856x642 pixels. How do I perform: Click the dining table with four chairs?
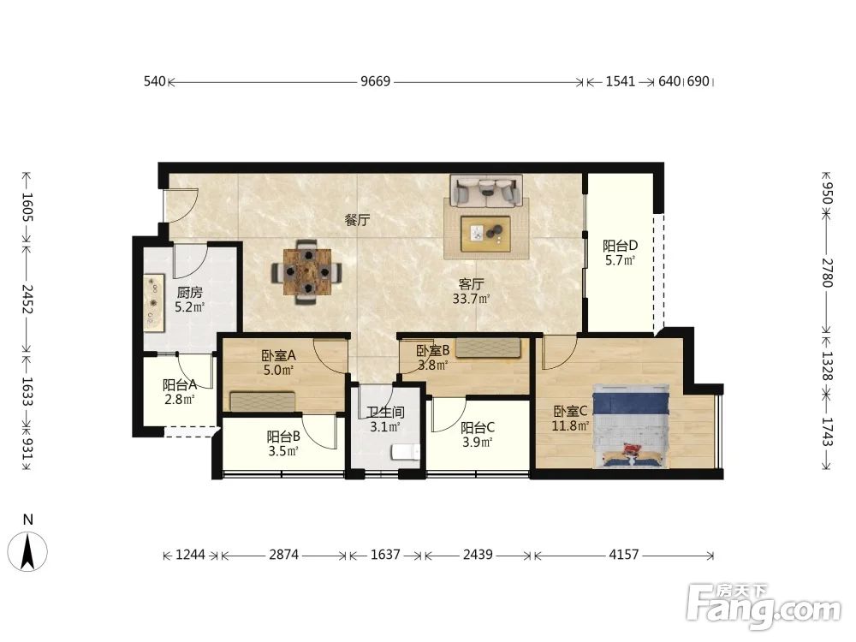tap(307, 271)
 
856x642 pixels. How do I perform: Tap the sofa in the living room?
tap(486, 191)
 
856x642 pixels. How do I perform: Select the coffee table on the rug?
tap(485, 234)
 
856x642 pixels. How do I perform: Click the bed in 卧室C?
tap(631, 425)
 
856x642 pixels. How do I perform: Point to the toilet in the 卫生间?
tap(405, 453)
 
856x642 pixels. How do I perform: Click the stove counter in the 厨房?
tap(154, 302)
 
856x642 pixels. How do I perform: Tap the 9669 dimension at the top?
tap(376, 81)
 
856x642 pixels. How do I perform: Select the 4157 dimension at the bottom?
tap(623, 555)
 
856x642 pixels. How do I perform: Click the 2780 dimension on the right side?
tap(827, 272)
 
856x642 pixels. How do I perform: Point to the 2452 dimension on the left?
tap(27, 299)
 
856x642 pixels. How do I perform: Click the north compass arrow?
tap(27, 550)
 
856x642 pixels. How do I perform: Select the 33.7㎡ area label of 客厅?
tap(471, 299)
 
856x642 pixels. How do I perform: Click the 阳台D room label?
tap(620, 247)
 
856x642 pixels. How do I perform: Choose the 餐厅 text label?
tap(357, 220)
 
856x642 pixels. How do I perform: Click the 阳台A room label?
tap(180, 385)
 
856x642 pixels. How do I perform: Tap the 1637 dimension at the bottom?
tap(385, 555)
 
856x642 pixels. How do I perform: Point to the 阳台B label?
tap(283, 437)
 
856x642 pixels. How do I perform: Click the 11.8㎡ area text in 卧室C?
tap(570, 425)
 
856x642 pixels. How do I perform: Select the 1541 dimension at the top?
tap(621, 81)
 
